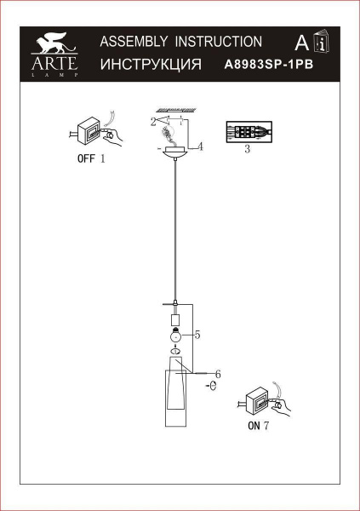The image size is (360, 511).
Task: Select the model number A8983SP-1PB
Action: tap(263, 64)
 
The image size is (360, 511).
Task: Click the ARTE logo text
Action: tap(54, 62)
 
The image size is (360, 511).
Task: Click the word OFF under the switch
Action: tap(85, 159)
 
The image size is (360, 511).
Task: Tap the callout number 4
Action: tap(200, 146)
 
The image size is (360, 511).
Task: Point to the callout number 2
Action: tap(152, 122)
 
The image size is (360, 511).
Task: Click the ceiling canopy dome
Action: tap(175, 153)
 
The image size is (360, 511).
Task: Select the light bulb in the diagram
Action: tap(174, 336)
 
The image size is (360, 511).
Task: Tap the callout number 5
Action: tap(197, 336)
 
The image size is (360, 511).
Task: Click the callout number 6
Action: tap(217, 374)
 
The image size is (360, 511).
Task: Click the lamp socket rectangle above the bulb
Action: tap(174, 320)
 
